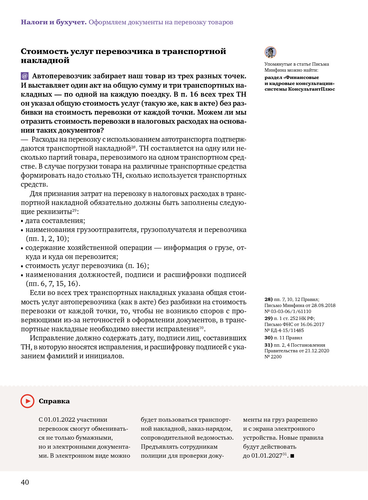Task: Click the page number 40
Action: click(25, 482)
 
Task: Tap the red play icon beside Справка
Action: click(27, 401)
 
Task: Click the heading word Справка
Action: click(54, 401)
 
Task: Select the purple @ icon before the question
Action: click(25, 76)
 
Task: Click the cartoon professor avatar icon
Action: click(270, 52)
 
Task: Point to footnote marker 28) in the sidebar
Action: click(268, 299)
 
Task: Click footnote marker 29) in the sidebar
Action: click(268, 318)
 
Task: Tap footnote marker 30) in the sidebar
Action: click(268, 338)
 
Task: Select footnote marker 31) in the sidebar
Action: click(268, 345)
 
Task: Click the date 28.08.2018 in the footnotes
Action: click(323, 305)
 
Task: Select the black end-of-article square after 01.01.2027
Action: click(292, 456)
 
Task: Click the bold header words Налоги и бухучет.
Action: click(54, 22)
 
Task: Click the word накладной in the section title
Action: click(45, 60)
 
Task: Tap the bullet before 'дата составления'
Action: click(22, 221)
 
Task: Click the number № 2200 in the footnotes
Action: click(273, 357)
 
